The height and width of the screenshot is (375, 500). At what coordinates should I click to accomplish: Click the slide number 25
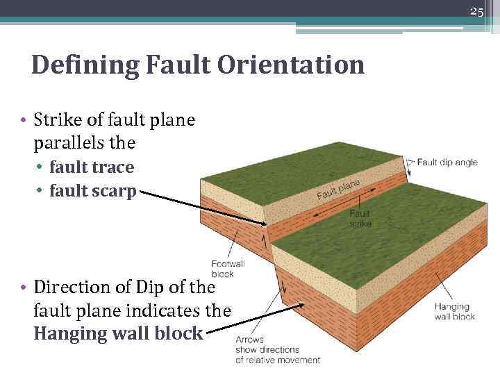point(476,11)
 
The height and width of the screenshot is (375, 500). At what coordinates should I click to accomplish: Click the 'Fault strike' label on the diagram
point(360,219)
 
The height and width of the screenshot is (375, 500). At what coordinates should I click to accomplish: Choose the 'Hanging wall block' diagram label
point(455,311)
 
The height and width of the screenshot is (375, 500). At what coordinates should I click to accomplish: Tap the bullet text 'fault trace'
point(92,167)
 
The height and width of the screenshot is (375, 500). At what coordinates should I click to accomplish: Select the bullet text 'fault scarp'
point(93,191)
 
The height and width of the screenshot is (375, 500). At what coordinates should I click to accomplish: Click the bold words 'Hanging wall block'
point(118,333)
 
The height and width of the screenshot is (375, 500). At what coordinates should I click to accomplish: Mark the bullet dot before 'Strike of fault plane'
point(24,120)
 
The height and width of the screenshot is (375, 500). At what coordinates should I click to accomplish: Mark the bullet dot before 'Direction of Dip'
point(24,287)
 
